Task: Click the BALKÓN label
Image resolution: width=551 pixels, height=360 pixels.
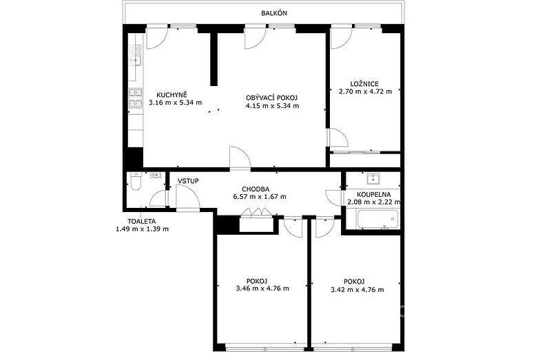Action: tap(274, 13)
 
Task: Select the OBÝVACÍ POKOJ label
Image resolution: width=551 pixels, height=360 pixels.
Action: tap(272, 98)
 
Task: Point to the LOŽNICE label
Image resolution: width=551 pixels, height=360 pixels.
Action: tap(364, 84)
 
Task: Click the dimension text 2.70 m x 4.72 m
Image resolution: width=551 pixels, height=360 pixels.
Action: tap(365, 92)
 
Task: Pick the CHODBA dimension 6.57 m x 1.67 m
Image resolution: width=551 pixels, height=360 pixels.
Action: tap(260, 197)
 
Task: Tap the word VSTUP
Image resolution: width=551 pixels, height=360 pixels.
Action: tap(188, 181)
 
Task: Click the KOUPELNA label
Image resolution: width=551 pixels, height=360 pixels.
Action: tap(373, 195)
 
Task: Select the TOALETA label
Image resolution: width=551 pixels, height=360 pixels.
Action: tap(142, 222)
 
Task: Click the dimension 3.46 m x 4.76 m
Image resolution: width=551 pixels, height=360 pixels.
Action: tap(263, 288)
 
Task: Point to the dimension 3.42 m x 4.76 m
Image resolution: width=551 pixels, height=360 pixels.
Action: tap(357, 290)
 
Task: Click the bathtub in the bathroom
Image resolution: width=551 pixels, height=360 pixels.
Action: tap(377, 219)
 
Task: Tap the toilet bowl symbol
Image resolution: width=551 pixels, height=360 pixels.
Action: tap(135, 181)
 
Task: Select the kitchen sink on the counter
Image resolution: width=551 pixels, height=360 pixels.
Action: tap(135, 61)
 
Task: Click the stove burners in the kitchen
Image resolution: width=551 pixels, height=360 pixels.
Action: tap(136, 98)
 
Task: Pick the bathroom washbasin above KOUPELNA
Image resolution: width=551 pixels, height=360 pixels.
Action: tap(373, 179)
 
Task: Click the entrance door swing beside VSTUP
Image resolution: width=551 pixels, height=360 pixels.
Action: tap(188, 198)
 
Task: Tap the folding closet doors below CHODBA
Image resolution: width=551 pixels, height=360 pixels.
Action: tap(256, 213)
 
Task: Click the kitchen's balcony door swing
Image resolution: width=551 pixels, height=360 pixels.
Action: tap(157, 38)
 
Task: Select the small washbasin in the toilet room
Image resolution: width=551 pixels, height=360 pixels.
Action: tap(156, 175)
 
